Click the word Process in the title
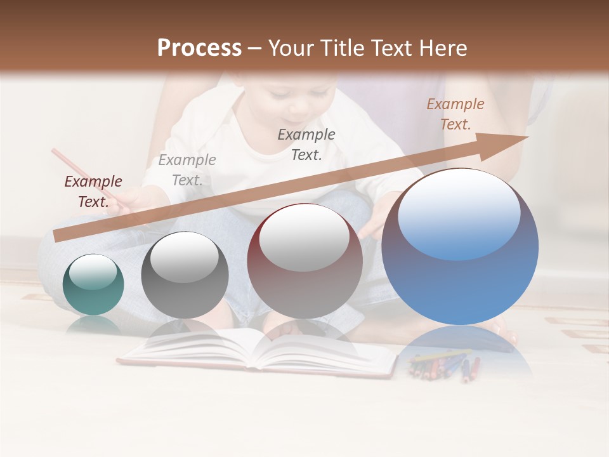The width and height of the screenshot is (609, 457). point(199,48)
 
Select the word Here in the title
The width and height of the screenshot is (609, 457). point(442,48)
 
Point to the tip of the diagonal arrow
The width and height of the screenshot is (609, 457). point(527,136)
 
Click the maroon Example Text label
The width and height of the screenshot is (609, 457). point(93,192)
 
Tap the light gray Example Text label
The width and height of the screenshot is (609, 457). point(187,170)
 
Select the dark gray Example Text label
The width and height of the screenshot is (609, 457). point(306,144)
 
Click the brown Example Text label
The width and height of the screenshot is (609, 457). point(455,114)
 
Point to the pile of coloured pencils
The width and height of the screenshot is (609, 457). point(444,366)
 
